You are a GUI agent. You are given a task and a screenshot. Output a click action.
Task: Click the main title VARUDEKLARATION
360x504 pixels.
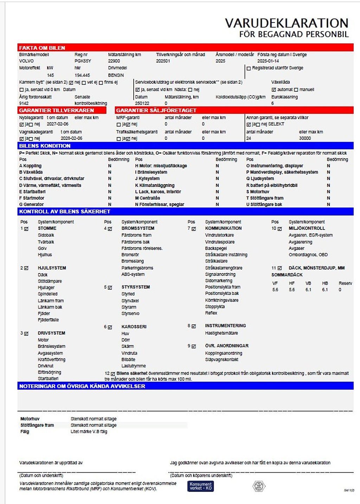pos(287,23)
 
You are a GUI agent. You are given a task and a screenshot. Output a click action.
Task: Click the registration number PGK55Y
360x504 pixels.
pos(83,61)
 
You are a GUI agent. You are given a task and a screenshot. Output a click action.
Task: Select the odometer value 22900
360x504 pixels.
pos(114,61)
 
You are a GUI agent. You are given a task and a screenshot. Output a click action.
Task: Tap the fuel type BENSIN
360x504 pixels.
pos(116,75)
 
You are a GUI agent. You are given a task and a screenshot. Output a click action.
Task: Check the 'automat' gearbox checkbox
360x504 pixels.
pos(274,90)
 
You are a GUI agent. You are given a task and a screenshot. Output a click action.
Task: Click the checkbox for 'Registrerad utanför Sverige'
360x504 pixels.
pos(249,68)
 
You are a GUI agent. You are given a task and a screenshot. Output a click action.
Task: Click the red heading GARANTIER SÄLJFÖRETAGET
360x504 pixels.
pos(156,110)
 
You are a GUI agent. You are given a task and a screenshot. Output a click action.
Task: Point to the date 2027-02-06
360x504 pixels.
pos(58,124)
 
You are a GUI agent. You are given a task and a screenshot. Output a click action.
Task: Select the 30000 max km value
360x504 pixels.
pos(305,138)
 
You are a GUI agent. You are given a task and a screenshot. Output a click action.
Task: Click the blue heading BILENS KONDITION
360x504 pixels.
pos(45,146)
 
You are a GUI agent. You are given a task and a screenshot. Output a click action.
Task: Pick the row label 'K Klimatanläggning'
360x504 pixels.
pos(155,185)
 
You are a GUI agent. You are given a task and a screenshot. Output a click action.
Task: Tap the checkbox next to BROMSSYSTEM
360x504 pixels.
pos(110,228)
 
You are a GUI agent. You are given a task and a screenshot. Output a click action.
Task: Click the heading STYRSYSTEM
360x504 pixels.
pos(136,287)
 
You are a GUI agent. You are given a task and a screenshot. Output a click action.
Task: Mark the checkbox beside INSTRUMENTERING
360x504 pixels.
pos(194,326)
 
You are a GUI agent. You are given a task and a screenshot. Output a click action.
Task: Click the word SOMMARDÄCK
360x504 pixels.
pos(287,275)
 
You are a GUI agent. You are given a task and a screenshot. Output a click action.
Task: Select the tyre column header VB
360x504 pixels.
pos(308,283)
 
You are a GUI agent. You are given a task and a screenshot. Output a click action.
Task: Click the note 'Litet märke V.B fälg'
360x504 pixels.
pos(89,432)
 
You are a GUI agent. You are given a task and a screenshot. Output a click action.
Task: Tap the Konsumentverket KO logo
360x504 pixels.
pos(201,486)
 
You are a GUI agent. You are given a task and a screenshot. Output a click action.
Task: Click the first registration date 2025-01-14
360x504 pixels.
pos(268,61)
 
